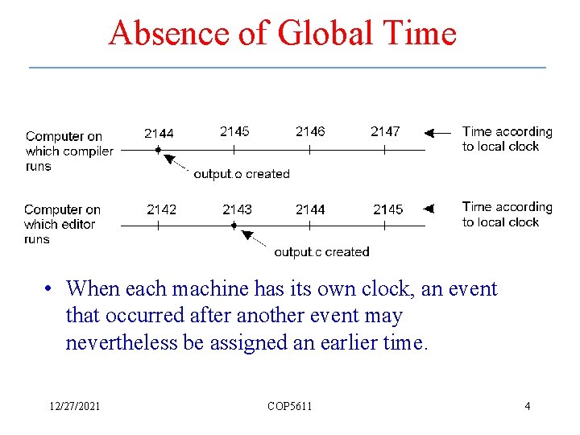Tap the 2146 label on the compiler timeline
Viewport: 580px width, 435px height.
310,131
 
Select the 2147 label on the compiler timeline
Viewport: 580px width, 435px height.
385,131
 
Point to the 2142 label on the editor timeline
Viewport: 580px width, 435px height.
162,209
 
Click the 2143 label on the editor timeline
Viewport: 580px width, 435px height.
237,209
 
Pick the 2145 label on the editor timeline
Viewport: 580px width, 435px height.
387,209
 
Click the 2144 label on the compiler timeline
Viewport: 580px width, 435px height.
159,133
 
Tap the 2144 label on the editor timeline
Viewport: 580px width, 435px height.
310,209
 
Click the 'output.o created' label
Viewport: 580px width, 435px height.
241,174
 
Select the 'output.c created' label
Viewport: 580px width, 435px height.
321,252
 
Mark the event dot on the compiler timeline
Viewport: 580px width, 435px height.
159,150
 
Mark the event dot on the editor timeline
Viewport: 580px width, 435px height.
234,226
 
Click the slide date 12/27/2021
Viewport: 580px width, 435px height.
74,406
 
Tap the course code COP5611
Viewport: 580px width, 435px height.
289,406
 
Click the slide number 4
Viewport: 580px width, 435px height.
528,406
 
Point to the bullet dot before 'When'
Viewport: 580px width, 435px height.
50,289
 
